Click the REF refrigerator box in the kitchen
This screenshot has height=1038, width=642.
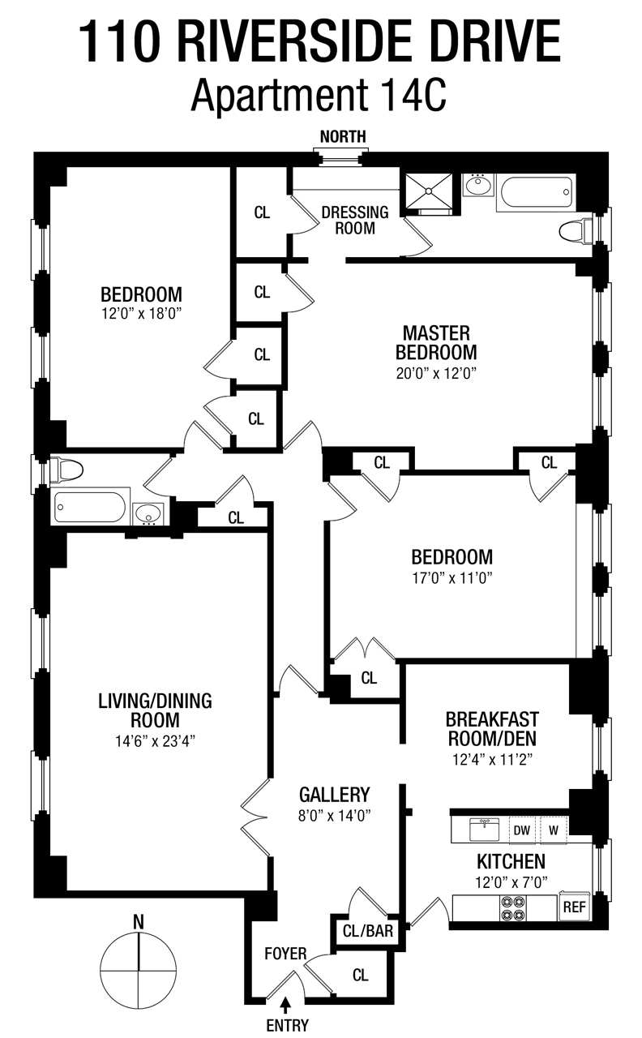(x=573, y=907)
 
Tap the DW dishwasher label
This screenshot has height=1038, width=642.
(x=521, y=830)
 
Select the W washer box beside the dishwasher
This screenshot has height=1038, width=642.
(x=554, y=830)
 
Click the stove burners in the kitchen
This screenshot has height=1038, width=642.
(x=512, y=907)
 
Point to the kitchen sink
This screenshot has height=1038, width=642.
(x=485, y=829)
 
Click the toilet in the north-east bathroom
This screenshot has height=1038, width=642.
(x=576, y=231)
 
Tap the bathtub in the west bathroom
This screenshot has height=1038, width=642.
(x=89, y=508)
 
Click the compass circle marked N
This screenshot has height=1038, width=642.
(x=139, y=970)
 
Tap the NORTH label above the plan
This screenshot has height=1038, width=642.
(x=342, y=136)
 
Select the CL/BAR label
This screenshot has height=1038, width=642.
(x=368, y=931)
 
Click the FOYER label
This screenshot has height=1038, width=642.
(x=285, y=954)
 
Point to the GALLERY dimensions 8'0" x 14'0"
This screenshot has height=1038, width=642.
(x=334, y=816)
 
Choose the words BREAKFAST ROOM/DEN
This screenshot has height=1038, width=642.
(x=491, y=728)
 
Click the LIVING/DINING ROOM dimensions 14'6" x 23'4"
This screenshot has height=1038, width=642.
(x=155, y=740)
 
